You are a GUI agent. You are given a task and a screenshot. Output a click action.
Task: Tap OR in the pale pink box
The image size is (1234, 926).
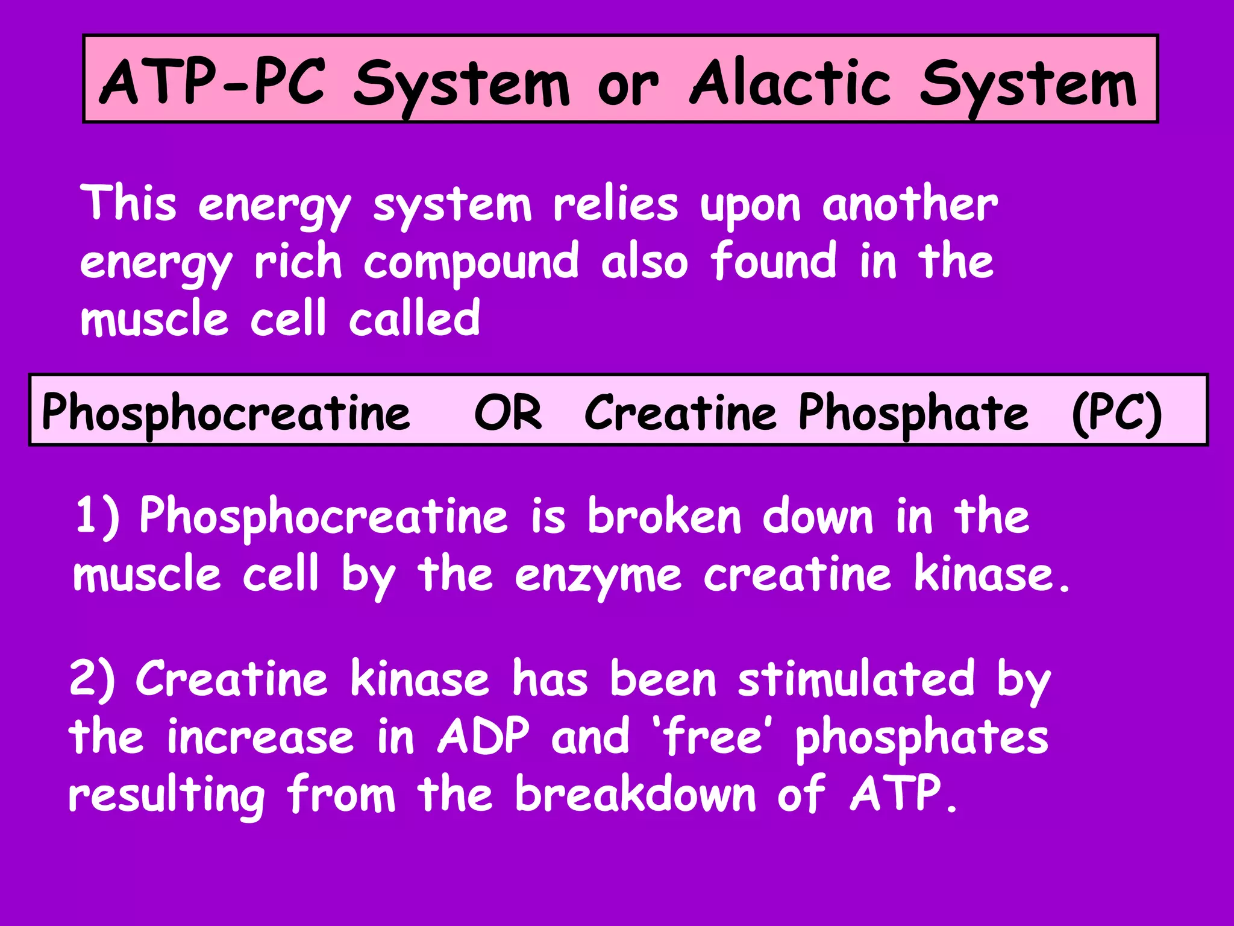(508, 413)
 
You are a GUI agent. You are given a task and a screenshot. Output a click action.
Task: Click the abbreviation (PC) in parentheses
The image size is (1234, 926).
(1117, 413)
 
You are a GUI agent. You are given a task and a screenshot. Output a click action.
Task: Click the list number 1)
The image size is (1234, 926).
(97, 516)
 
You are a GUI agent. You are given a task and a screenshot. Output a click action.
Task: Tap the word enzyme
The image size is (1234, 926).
(598, 575)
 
